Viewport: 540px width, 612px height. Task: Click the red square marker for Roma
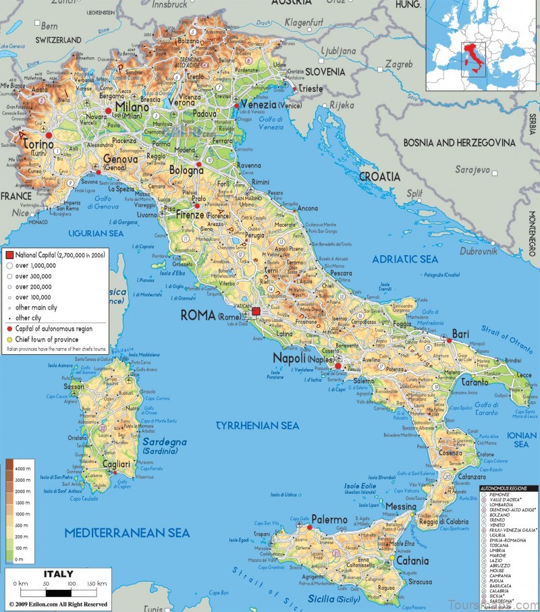256,311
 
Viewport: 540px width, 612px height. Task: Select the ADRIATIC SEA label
405,259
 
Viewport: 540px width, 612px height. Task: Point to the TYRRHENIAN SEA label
256,426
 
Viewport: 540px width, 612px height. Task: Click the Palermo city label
330,520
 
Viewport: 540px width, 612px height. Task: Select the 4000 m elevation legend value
23,468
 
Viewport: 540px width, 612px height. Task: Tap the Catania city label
412,561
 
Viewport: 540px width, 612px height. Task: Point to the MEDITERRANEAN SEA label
127,533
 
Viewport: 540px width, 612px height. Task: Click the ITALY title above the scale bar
58,574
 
